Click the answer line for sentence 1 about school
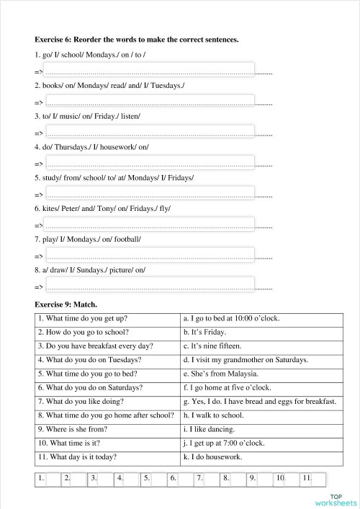pyautogui.click(x=150, y=71)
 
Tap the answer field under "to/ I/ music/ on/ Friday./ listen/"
pyautogui.click(x=150, y=132)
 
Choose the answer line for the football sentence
pyautogui.click(x=150, y=254)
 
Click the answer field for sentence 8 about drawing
pyautogui.click(x=150, y=285)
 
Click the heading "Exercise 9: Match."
pyautogui.click(x=66, y=305)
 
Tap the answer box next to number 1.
pyautogui.click(x=53, y=479)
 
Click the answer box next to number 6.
pyautogui.click(x=185, y=479)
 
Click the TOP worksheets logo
pyautogui.click(x=335, y=499)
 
